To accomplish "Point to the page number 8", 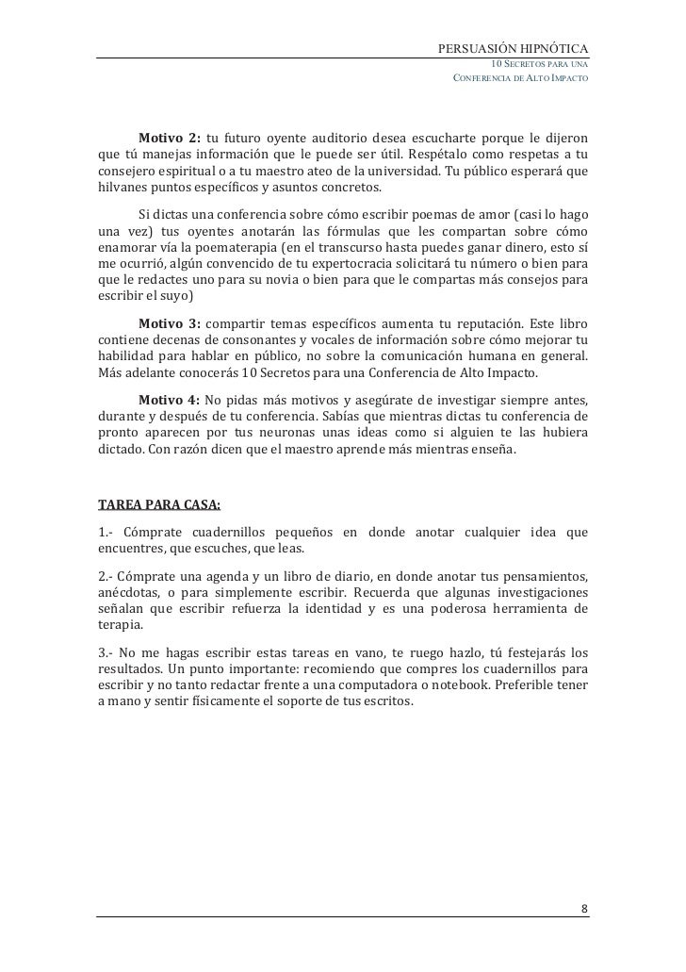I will (x=584, y=909).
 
